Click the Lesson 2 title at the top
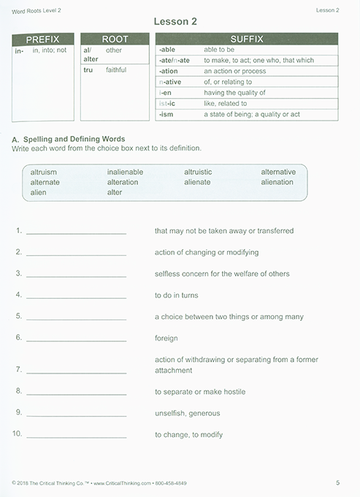(179, 23)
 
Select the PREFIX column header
(43, 39)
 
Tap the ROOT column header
(114, 39)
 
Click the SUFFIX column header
(247, 39)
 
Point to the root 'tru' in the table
(88, 70)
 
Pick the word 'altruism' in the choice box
(44, 172)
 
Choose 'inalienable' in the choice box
(125, 172)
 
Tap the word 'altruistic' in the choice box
(198, 172)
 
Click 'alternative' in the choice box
(278, 172)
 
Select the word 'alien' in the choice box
(38, 192)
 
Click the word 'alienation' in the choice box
(277, 182)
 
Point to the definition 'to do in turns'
(176, 295)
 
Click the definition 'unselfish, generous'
(182, 413)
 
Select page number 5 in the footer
(337, 482)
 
